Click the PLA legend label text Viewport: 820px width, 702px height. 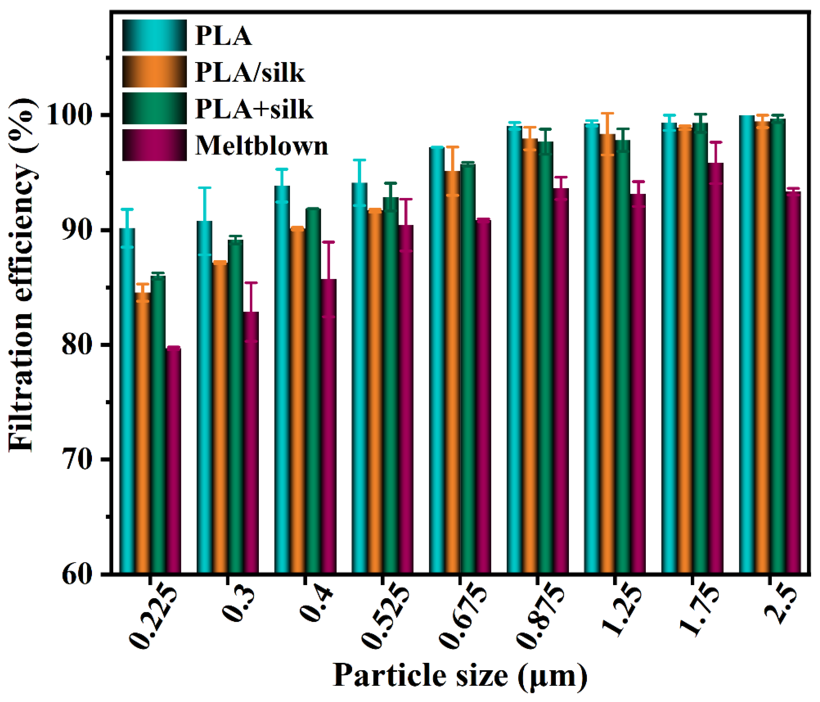click(224, 36)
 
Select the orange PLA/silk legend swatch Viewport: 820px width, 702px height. click(154, 72)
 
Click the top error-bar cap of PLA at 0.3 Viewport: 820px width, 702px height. click(205, 188)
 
